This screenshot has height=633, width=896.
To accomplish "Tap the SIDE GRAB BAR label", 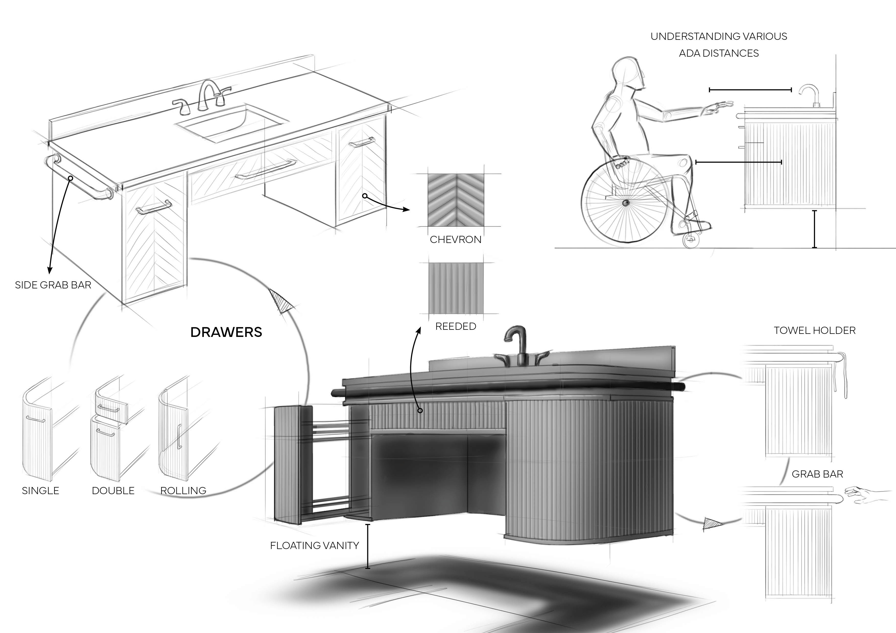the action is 53,285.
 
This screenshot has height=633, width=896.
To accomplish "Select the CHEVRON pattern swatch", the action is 456,200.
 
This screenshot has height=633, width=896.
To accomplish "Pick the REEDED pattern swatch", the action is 456,288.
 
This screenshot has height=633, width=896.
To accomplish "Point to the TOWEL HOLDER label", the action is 815,330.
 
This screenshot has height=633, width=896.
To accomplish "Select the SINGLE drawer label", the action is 41,491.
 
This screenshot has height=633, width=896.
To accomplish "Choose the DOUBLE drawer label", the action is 113,491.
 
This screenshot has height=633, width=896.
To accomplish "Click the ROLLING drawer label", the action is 183,491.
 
